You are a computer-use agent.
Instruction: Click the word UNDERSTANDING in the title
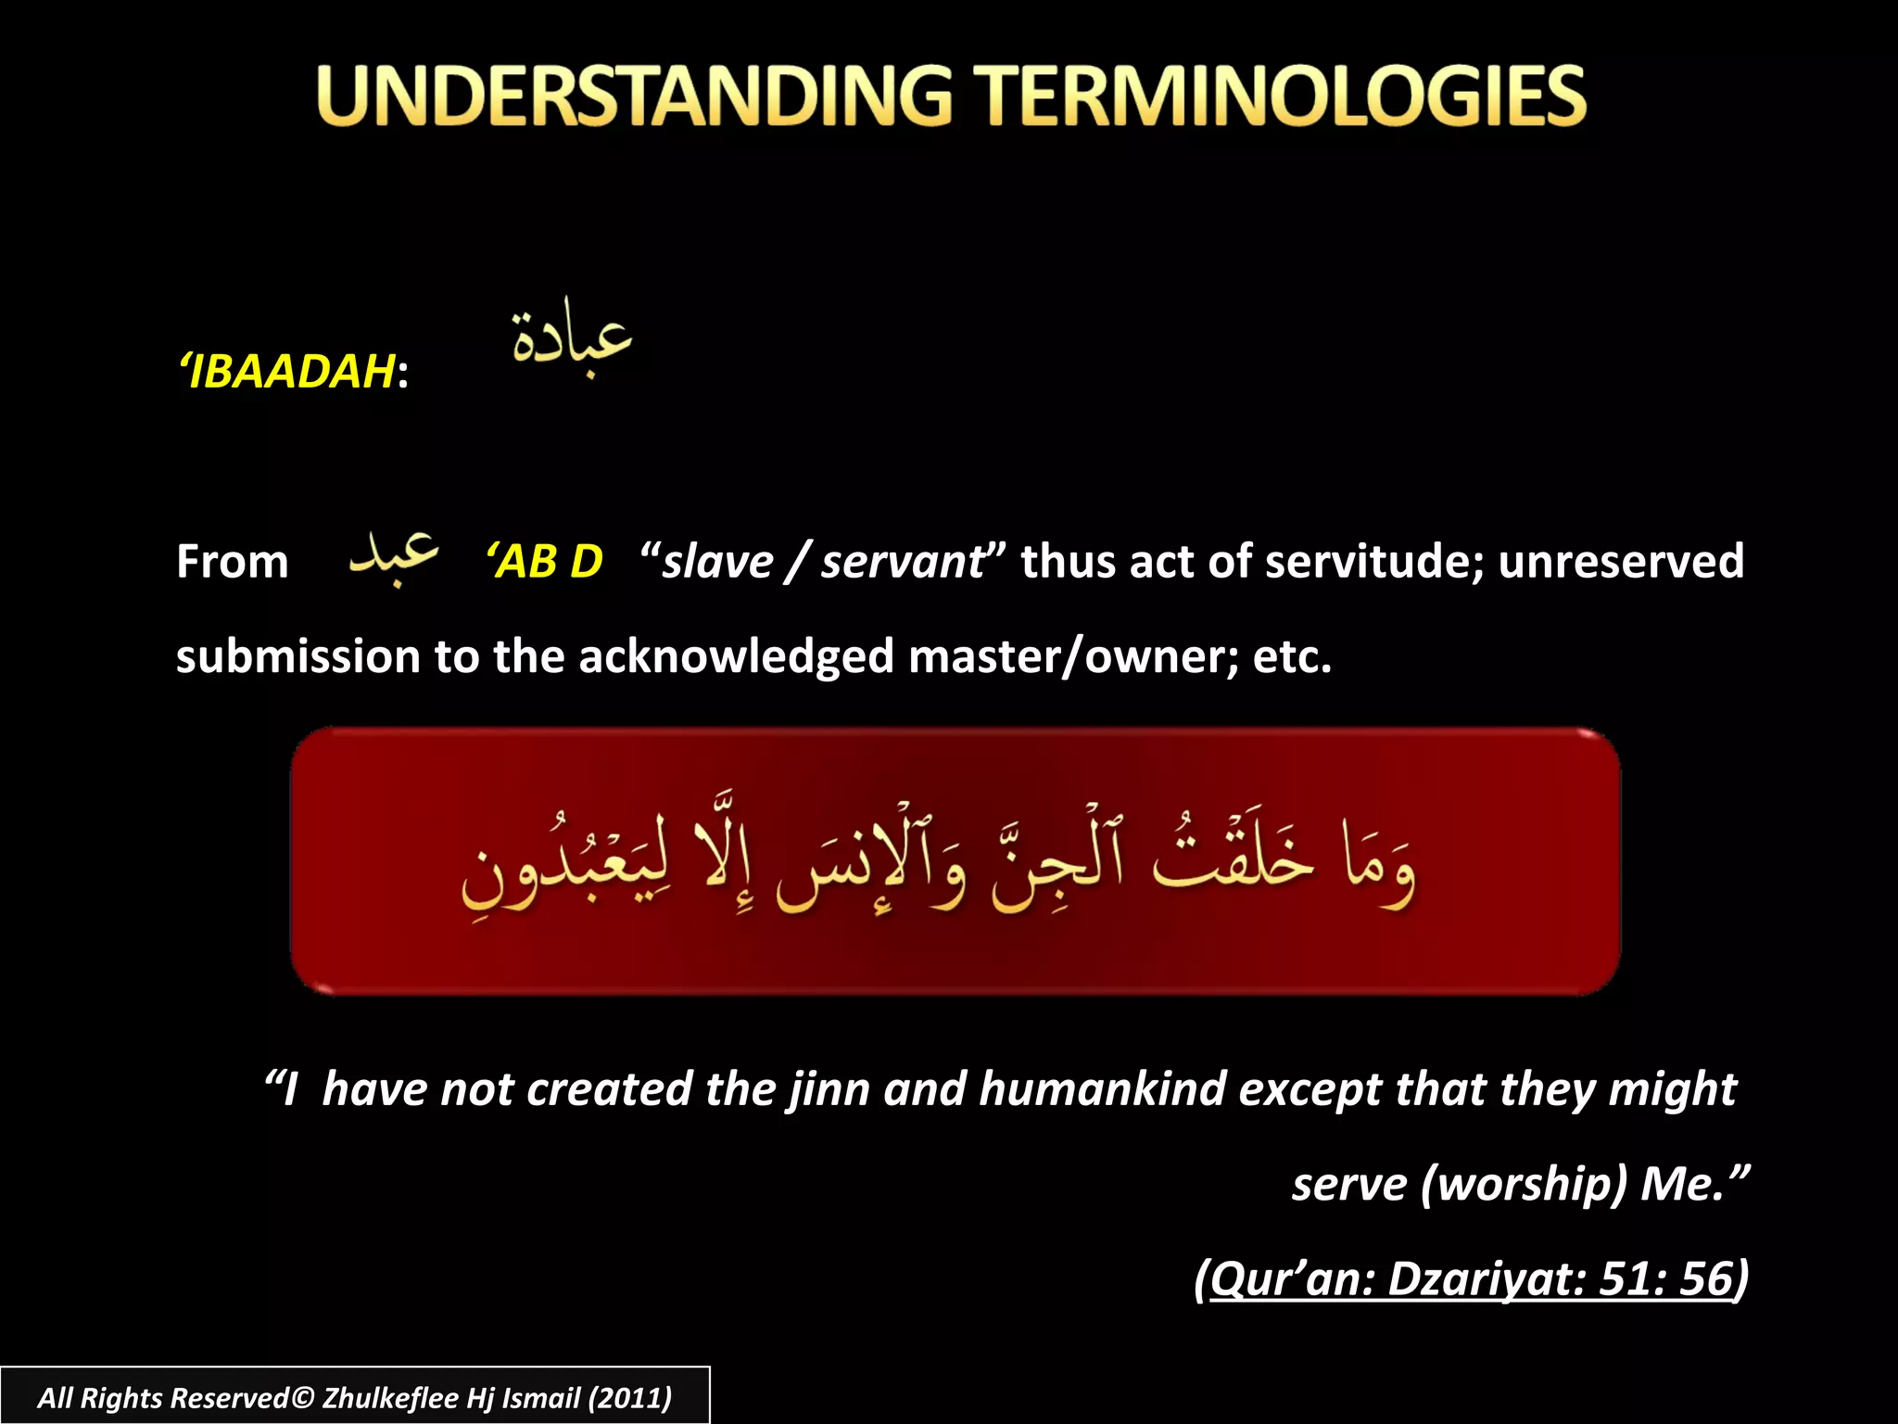point(634,95)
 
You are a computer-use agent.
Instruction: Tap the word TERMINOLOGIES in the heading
point(1284,95)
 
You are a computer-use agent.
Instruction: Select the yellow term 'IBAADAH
point(288,372)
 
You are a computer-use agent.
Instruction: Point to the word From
point(233,562)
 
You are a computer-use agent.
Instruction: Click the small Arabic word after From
point(393,558)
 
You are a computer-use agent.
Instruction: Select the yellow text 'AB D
point(545,562)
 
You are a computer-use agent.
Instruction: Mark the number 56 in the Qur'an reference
point(1705,1278)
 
